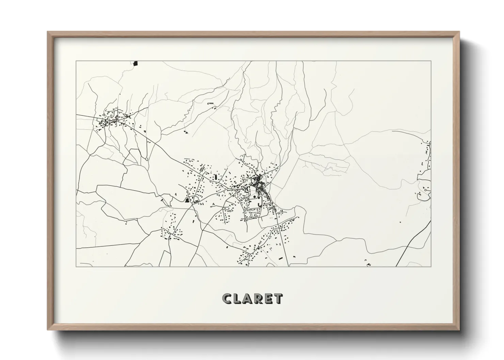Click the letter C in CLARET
[227, 299]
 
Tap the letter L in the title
[237, 299]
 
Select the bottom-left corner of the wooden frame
[48, 329]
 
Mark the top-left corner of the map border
[76, 61]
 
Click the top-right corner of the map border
[431, 61]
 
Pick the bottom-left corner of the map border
[76, 266]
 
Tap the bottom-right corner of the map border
[431, 266]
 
